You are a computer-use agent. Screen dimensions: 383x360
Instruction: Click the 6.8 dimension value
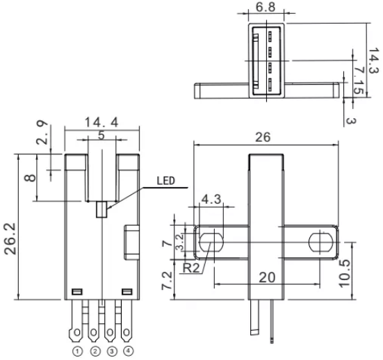point(266,7)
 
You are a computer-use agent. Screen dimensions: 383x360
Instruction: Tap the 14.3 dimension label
point(374,60)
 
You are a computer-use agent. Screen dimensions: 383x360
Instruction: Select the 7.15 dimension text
point(359,81)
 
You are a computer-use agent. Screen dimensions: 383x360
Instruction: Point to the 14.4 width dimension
point(101,122)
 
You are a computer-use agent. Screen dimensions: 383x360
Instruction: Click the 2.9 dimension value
point(42,133)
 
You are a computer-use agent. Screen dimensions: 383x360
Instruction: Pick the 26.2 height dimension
point(10,239)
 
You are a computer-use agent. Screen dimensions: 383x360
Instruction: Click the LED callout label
point(166,181)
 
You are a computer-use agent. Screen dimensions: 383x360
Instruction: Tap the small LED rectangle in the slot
point(101,209)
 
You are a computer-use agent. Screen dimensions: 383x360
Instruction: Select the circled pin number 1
point(77,352)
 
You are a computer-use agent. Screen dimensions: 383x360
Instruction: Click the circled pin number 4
point(128,351)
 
